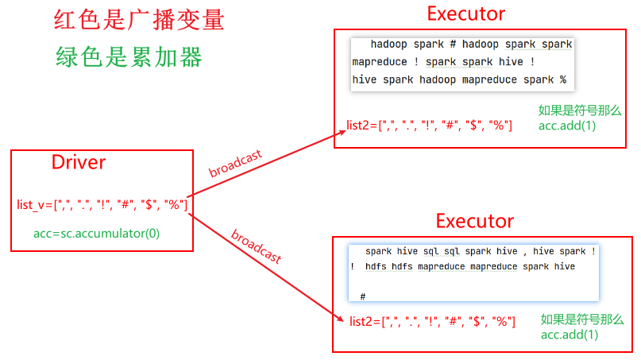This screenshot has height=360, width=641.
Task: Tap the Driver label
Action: [79, 163]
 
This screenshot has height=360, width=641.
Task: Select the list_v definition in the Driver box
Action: [102, 205]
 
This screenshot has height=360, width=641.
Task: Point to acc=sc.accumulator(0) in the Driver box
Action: [96, 234]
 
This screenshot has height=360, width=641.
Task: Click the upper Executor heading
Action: [465, 14]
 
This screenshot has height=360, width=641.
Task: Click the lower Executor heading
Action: [475, 221]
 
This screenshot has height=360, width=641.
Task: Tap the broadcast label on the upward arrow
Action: [235, 163]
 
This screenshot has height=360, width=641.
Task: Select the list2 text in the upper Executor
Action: [429, 126]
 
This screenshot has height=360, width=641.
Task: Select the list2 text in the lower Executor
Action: [432, 321]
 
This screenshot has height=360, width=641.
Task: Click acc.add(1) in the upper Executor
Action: [567, 126]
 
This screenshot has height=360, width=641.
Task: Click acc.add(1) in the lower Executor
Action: [570, 335]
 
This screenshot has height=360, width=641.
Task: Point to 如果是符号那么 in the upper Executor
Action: [578, 110]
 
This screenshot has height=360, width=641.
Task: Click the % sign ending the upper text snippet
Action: [562, 80]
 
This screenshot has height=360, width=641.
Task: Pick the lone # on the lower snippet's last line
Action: [362, 296]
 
